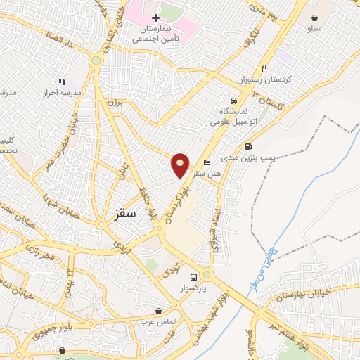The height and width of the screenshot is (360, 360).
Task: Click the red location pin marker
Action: click(181, 165)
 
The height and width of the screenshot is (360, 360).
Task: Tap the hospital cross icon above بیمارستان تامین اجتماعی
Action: click(156, 17)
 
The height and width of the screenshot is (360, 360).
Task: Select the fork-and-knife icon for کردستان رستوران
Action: click(264, 68)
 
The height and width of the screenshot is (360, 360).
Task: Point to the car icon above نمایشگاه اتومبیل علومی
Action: click(234, 100)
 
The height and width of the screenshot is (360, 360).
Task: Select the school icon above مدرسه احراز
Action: click(62, 82)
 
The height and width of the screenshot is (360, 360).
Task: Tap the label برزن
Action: click(114, 103)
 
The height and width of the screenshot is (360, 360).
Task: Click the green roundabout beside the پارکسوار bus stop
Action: click(206, 275)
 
